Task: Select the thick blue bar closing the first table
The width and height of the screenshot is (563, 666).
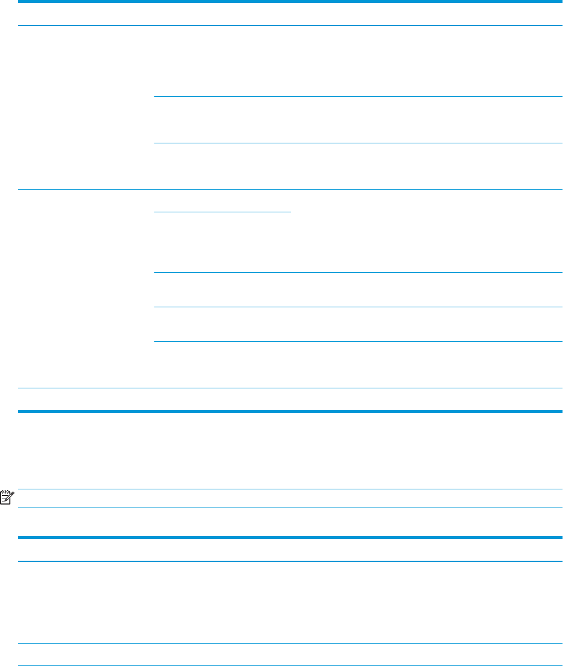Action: pos(291,411)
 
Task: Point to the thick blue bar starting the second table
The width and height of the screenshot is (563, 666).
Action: pos(291,537)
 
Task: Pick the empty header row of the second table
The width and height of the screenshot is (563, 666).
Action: pos(291,549)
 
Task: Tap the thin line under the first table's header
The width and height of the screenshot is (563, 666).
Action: pos(291,25)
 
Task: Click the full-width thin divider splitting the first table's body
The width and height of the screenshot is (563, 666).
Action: pos(291,190)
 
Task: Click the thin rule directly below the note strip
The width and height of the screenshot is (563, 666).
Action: pos(291,508)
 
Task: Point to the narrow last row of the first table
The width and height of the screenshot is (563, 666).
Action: pos(291,399)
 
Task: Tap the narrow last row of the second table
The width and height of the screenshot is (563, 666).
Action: pos(291,655)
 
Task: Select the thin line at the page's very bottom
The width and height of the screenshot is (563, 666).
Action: pos(291,665)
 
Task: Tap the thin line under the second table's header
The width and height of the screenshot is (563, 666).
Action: pos(291,561)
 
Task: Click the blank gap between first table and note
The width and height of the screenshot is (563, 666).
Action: pos(291,451)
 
